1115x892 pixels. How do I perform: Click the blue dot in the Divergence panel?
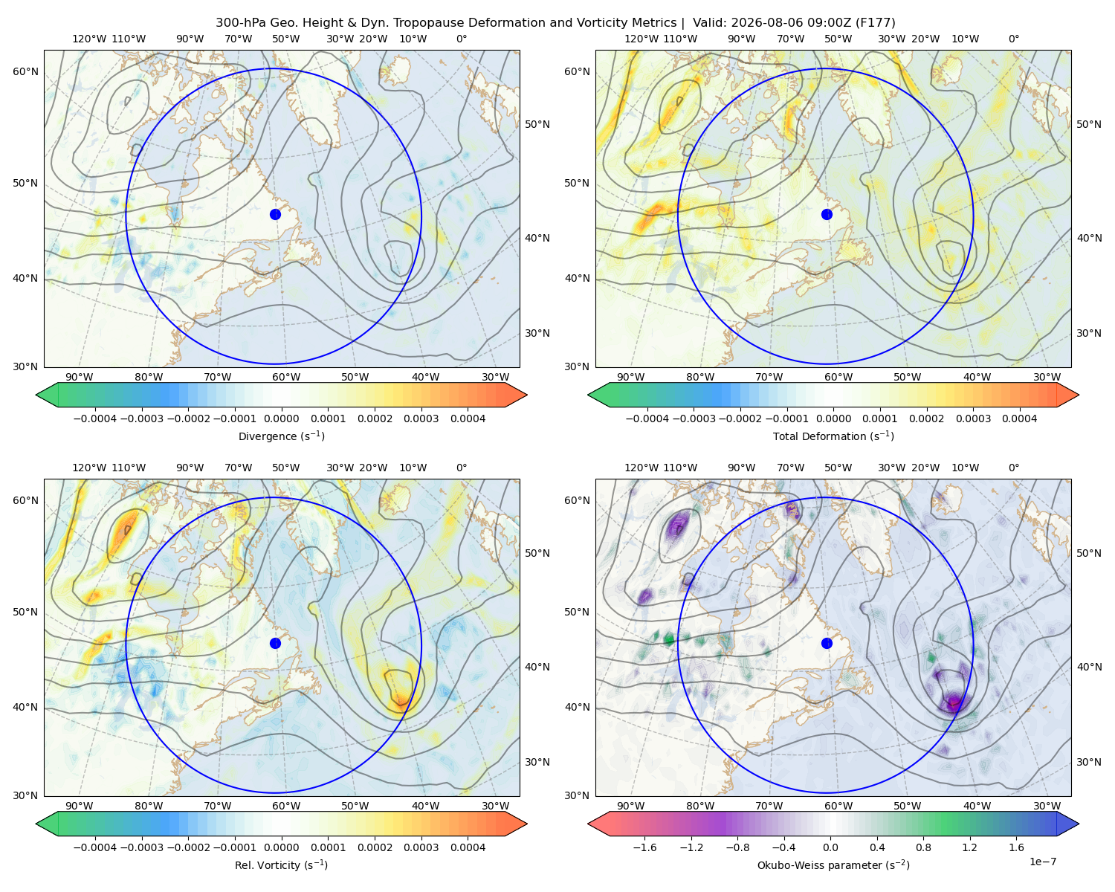coord(275,214)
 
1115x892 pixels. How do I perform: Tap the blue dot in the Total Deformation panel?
coord(827,214)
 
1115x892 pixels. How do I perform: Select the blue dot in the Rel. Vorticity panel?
coord(275,643)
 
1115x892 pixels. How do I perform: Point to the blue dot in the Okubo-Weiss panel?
coord(827,643)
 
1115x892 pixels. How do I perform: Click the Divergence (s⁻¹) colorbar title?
coord(281,436)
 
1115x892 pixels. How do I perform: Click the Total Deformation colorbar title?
coord(833,436)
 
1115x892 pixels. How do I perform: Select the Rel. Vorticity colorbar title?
coord(281,864)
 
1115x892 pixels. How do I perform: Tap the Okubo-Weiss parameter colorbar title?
coord(833,864)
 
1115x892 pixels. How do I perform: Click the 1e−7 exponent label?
coord(1042,862)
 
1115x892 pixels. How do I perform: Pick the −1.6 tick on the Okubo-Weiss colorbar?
coord(644,847)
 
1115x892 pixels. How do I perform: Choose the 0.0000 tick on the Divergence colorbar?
coord(281,418)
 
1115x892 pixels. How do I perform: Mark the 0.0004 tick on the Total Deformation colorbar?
coord(1019,418)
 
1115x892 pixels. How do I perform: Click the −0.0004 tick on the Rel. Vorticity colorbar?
coord(95,847)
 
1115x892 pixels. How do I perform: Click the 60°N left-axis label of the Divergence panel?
coord(25,71)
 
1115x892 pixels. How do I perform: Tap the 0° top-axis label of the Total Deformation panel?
coord(1013,39)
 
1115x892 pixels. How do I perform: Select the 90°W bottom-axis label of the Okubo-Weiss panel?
coord(630,806)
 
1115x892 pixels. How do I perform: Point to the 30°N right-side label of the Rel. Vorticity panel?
coord(537,762)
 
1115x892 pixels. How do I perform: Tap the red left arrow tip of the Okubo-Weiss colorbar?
coord(589,824)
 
